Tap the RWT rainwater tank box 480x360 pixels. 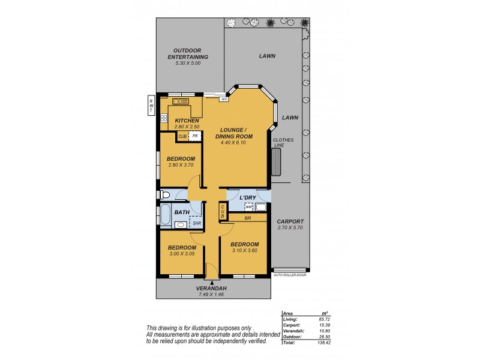click(x=152, y=106)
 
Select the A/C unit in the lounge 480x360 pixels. click(x=223, y=99)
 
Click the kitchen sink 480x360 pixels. click(x=181, y=101)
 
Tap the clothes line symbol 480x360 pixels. click(x=277, y=160)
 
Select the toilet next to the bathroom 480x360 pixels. click(x=164, y=194)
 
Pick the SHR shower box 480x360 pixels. click(x=196, y=223)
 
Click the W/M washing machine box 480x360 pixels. click(x=249, y=208)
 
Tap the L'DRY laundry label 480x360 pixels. click(x=248, y=197)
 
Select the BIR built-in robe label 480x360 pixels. click(x=247, y=219)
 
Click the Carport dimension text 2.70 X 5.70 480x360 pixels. click(x=290, y=228)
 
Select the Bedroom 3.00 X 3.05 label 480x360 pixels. click(x=181, y=251)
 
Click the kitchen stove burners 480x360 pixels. click(x=164, y=118)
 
